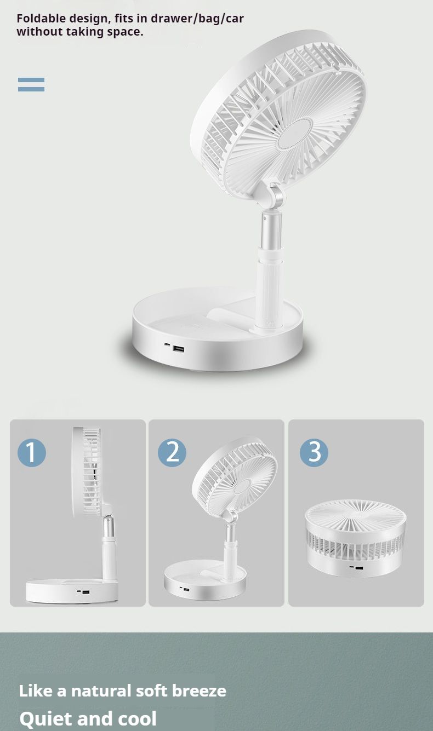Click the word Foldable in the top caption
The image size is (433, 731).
pos(41,18)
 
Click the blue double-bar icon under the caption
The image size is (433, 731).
pos(31,84)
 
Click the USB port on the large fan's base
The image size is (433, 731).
pos(179,349)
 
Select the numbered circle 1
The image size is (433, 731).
pos(32,453)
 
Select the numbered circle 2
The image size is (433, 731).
pos(172,453)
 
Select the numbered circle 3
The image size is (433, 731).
pos(314,453)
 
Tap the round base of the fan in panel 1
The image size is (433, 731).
pos(72,591)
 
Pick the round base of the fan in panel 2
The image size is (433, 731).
pos(205,582)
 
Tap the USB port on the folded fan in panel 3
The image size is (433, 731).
pos(359,568)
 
